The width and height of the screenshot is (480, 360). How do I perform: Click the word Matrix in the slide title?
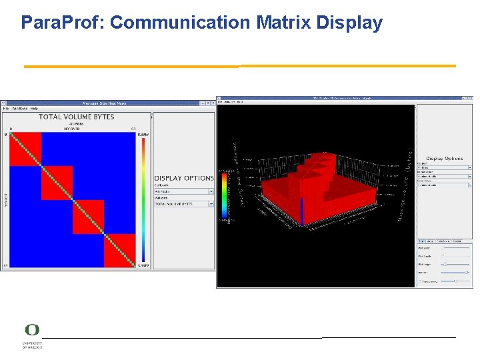pos(283,23)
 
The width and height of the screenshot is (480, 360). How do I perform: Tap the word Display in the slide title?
pos(349,23)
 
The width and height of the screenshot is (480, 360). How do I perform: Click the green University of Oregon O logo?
pos(31,331)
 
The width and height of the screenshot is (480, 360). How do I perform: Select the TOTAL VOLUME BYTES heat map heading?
pos(76,117)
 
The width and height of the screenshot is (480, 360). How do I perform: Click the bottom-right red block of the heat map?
pos(119,250)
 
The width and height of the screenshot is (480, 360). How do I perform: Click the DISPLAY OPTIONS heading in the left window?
pos(183,178)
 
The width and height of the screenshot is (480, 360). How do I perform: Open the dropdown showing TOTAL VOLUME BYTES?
pos(183,204)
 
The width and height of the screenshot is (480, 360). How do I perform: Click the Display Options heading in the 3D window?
pos(444,159)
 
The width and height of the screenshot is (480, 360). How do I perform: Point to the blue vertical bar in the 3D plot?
pos(301,212)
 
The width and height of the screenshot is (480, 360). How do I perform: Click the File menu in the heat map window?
pos(5,108)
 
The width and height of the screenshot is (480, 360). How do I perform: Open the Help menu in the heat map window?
pos(34,108)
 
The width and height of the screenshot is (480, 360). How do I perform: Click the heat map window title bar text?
pos(103,103)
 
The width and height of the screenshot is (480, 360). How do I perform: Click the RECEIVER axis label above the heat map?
pos(72,129)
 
